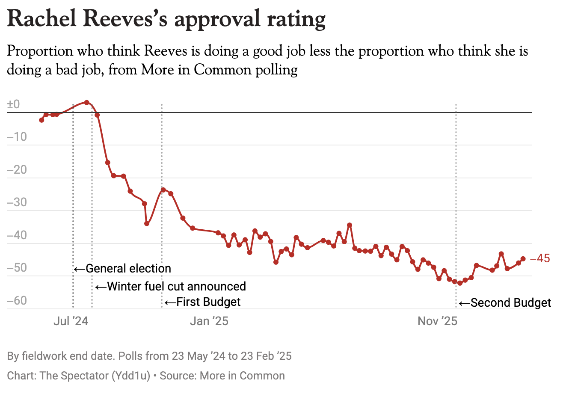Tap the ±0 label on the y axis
[x=14, y=104]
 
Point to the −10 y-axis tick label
[x=17, y=137]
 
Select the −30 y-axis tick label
[x=17, y=202]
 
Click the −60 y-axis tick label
[x=17, y=301]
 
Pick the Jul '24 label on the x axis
[x=71, y=321]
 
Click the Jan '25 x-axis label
[x=209, y=321]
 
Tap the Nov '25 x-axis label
[x=437, y=321]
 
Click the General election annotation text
[x=128, y=269]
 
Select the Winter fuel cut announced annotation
[x=176, y=286]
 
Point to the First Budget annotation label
[x=208, y=302]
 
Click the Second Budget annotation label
[x=511, y=303]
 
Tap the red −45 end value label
[x=540, y=258]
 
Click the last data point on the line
[x=523, y=259]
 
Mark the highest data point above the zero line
[x=87, y=103]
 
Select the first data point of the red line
[x=41, y=120]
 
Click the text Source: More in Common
[x=222, y=376]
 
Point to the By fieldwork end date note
[x=60, y=356]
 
